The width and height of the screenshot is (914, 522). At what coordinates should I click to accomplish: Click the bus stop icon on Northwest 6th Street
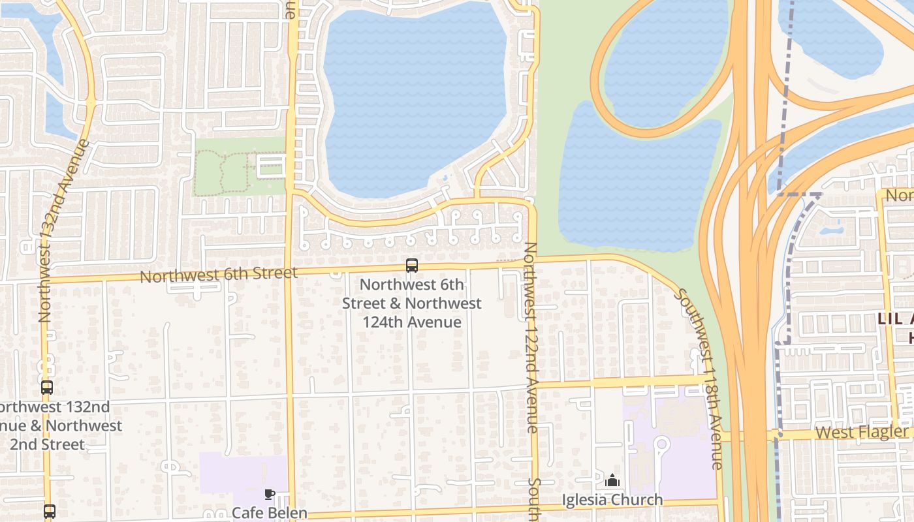pos(412,266)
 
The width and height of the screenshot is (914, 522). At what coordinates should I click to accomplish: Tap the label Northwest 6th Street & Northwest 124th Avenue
pos(412,303)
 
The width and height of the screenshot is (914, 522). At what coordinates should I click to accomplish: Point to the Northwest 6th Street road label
pos(219,275)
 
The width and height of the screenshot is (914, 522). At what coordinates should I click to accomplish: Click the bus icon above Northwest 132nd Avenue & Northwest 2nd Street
pos(47,388)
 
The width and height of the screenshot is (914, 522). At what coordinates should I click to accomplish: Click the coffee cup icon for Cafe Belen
pos(270,494)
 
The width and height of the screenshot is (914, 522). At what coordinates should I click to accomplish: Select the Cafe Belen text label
pos(269,513)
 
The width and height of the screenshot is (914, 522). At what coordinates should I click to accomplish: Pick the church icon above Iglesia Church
pos(612,481)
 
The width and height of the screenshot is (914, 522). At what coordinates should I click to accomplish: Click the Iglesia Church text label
pos(612,500)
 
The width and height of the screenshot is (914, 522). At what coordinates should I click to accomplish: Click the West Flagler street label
pos(862,432)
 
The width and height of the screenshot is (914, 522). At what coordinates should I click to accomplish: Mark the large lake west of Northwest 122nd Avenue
pos(415,98)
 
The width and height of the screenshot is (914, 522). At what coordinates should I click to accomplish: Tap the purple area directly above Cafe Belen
pos(242,473)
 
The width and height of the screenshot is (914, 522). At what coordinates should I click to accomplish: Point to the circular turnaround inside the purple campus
pos(662,446)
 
